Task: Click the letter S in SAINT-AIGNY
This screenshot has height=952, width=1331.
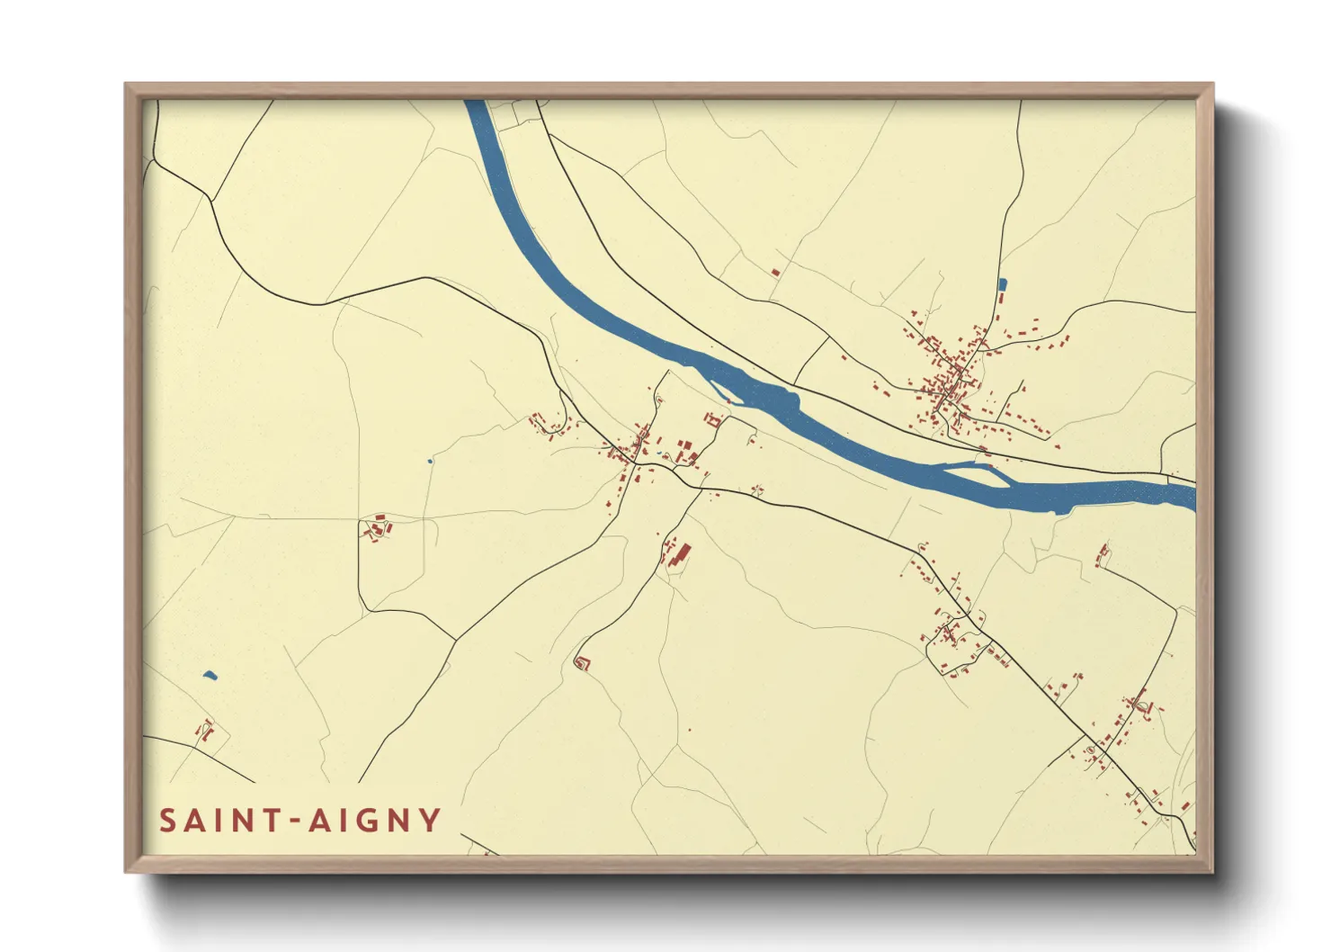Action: pyautogui.click(x=168, y=821)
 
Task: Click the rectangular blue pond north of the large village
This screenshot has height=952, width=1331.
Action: pyautogui.click(x=1002, y=285)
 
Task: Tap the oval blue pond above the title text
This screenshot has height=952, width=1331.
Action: pyautogui.click(x=210, y=675)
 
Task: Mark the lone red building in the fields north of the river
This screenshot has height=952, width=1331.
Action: pyautogui.click(x=775, y=272)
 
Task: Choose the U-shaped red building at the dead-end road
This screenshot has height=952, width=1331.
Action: pyautogui.click(x=582, y=664)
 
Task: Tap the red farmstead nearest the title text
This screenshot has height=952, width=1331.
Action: pyautogui.click(x=205, y=731)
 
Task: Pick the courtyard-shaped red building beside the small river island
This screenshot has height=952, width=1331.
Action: pyautogui.click(x=715, y=419)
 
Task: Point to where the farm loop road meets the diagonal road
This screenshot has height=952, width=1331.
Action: pyautogui.click(x=453, y=640)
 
